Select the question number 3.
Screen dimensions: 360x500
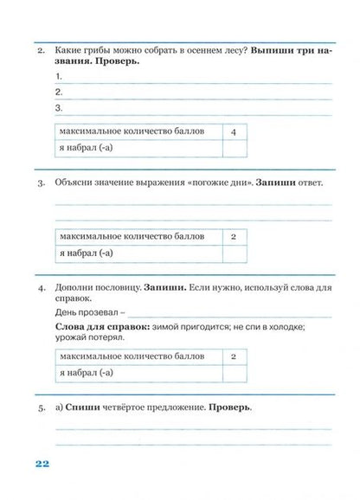click(40, 184)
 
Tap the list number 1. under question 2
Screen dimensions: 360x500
click(58, 75)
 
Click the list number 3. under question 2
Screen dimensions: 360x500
click(58, 108)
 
